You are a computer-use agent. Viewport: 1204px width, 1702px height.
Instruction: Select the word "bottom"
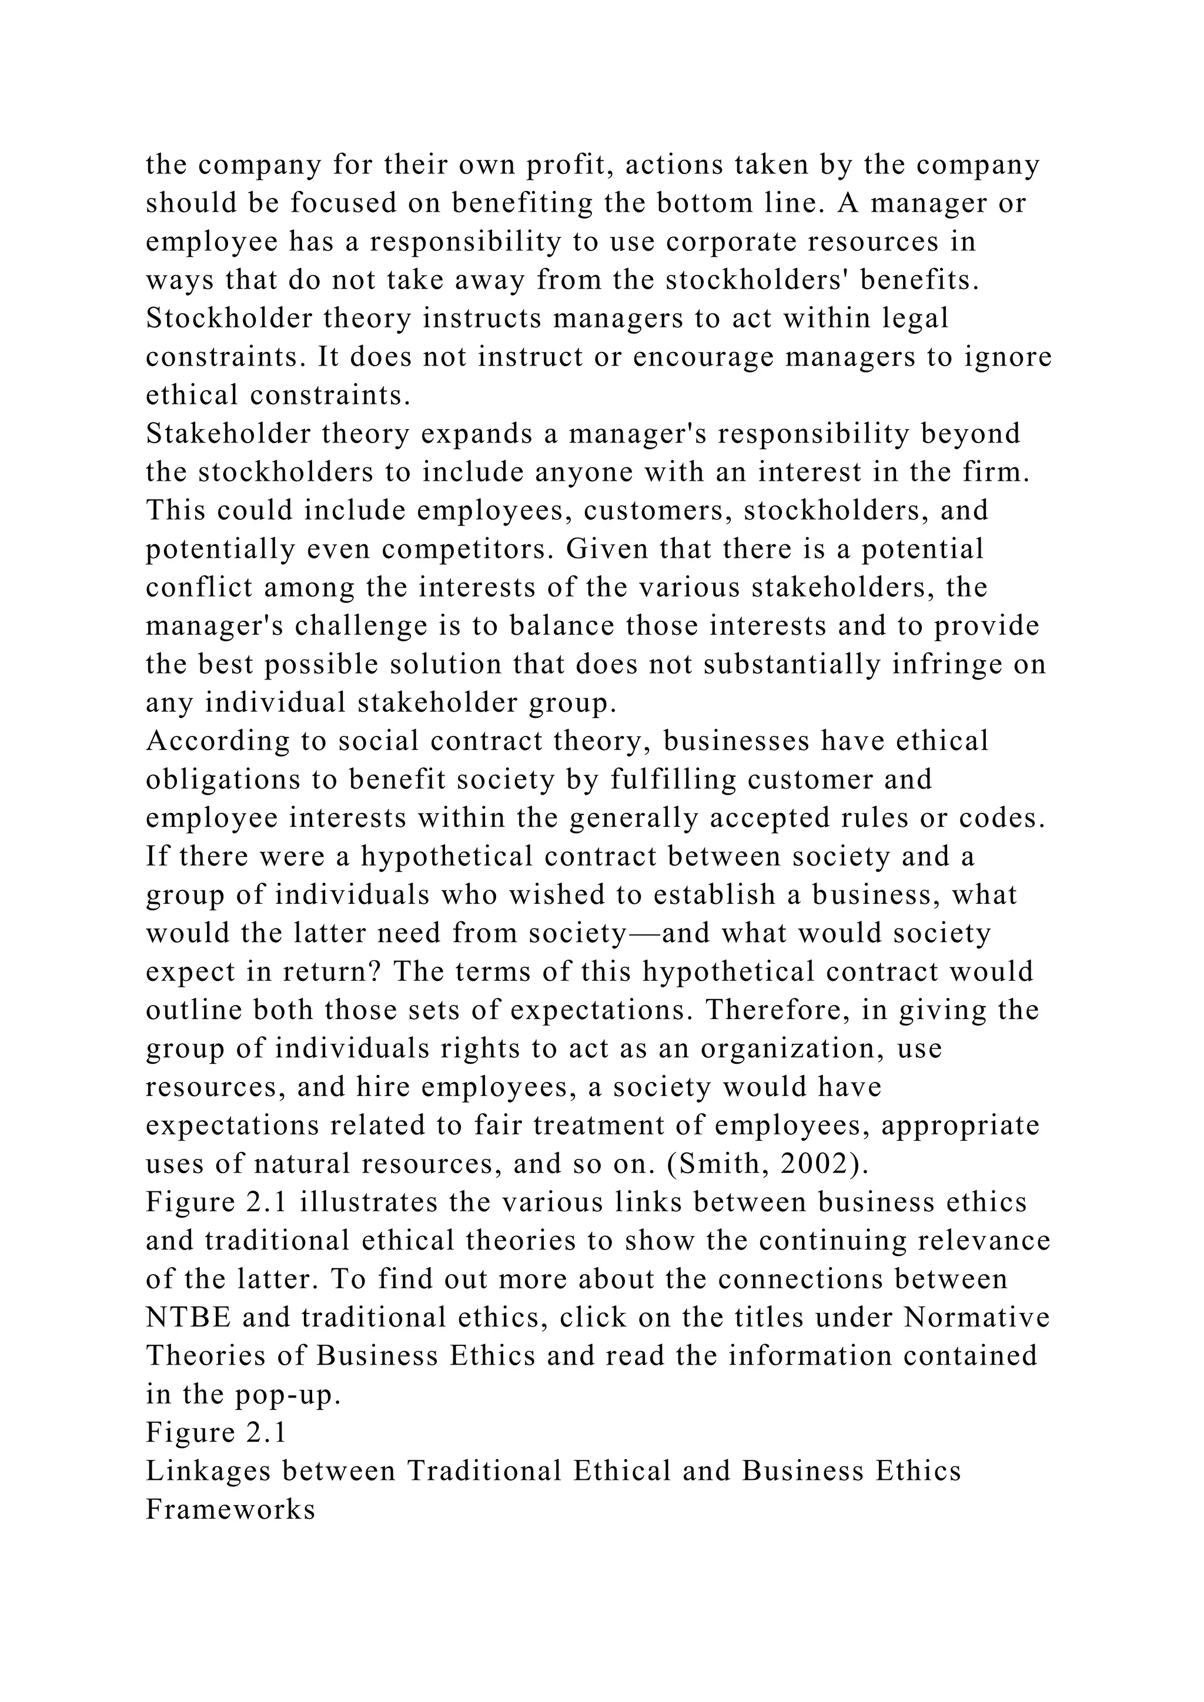[704, 203]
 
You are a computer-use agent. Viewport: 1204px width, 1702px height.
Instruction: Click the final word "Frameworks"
[230, 1510]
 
